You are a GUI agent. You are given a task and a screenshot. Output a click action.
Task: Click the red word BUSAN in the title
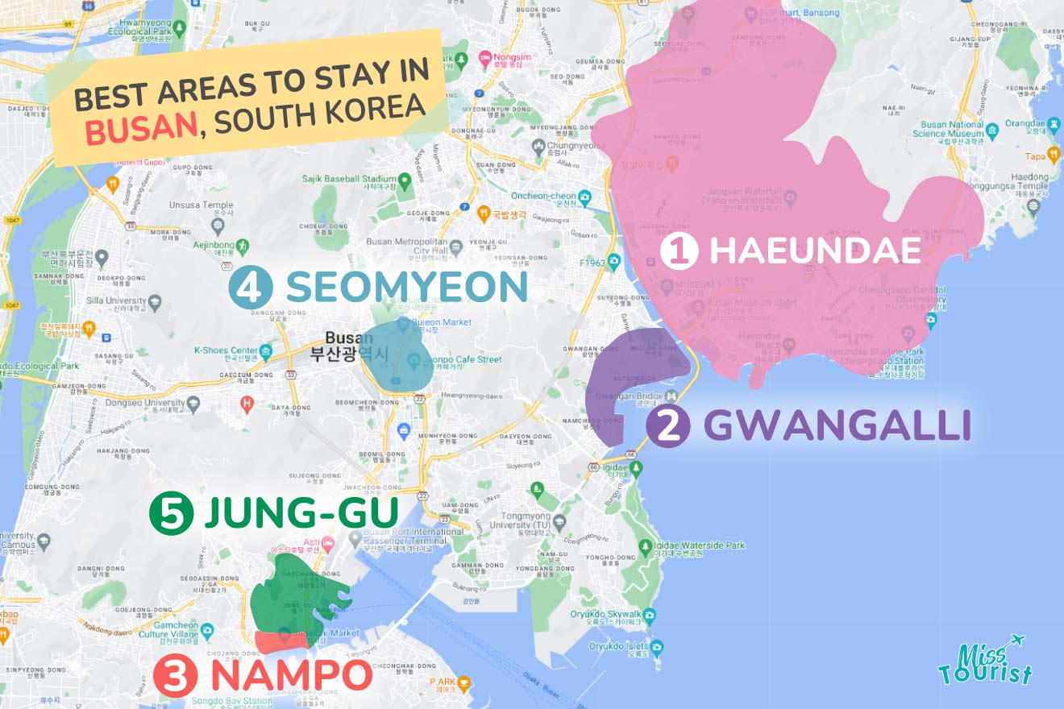click(142, 129)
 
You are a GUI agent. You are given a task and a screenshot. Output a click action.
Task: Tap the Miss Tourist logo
click(986, 662)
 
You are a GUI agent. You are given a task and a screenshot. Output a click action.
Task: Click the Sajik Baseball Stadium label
click(349, 179)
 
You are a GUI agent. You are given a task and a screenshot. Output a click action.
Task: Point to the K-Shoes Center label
click(226, 350)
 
